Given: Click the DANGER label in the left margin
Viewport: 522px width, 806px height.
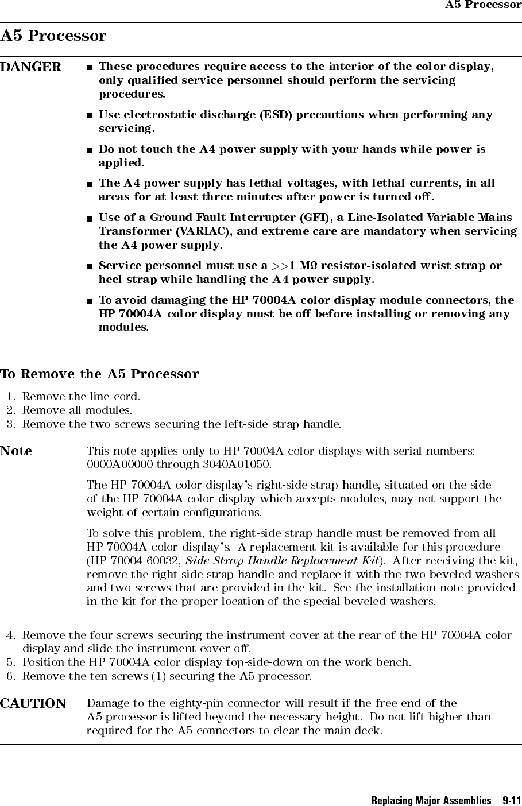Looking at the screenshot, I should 30,67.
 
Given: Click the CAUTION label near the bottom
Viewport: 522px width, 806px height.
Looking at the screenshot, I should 33,704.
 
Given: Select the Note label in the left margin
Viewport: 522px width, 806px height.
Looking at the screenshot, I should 16,451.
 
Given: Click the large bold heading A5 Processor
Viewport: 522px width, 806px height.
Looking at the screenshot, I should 53,36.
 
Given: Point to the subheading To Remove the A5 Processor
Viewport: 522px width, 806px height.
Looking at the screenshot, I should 99,374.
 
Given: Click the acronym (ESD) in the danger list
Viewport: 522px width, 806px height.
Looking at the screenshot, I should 274,115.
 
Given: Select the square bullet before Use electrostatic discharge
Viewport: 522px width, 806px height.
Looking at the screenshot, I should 90,115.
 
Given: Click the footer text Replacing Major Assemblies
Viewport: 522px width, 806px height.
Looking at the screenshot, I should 431,800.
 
